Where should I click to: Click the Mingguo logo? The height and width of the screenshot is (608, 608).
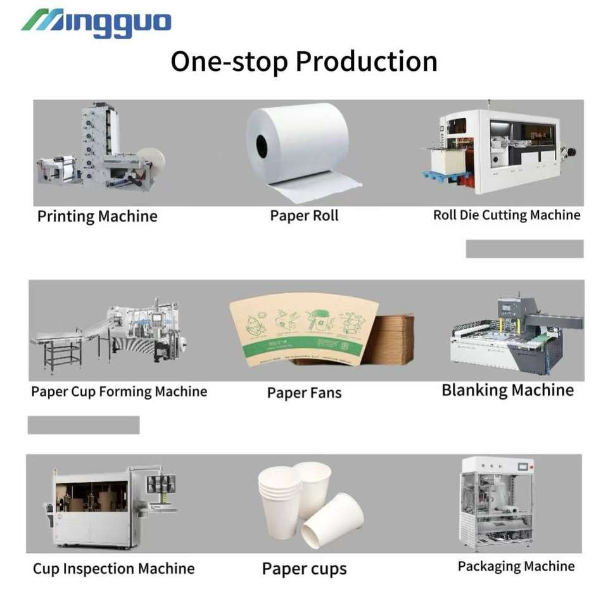click(96, 23)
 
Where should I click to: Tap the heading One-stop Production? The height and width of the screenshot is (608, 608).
click(304, 62)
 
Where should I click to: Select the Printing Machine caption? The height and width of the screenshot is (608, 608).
click(97, 217)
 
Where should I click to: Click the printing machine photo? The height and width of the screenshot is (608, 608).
click(101, 149)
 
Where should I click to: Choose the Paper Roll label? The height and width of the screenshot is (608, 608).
click(304, 216)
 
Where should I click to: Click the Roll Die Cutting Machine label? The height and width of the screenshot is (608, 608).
click(506, 215)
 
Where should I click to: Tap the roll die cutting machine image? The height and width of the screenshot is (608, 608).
click(500, 149)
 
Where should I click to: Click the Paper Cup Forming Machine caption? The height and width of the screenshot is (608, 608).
click(119, 392)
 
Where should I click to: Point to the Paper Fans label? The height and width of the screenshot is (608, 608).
click(304, 393)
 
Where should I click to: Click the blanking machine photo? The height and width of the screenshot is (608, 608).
click(516, 336)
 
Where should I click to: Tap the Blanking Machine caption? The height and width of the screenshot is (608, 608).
click(507, 390)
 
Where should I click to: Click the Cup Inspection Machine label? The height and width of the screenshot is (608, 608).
click(113, 569)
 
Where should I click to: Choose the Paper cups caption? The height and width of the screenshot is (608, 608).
click(304, 569)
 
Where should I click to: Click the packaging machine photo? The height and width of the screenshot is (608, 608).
click(497, 503)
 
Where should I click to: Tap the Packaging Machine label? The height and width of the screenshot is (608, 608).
click(516, 566)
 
